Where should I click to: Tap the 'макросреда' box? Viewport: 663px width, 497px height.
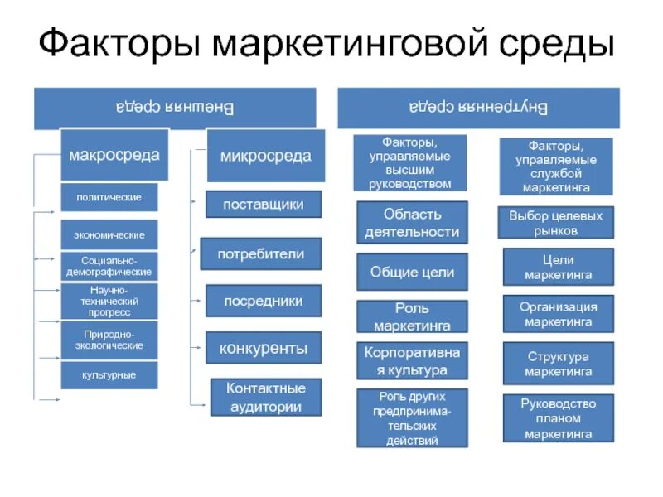tap(114, 155)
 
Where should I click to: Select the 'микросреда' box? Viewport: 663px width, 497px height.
tap(264, 155)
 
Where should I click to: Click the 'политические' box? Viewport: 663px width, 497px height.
tap(109, 197)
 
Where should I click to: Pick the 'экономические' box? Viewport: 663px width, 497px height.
tap(109, 235)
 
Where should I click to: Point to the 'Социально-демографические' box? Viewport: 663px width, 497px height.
tap(109, 266)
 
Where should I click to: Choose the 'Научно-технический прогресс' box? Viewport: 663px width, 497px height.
tap(109, 302)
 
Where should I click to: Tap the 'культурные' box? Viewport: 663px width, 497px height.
tap(109, 375)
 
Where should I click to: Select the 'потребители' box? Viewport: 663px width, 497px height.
tap(261, 253)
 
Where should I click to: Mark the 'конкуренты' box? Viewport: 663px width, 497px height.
tap(263, 347)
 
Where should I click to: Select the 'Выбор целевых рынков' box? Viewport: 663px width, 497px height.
tap(556, 223)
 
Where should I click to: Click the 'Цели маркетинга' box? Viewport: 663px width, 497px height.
tap(558, 268)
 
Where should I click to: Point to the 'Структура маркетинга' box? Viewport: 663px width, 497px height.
tap(558, 363)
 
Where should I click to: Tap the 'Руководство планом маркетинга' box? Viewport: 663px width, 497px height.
tap(558, 418)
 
